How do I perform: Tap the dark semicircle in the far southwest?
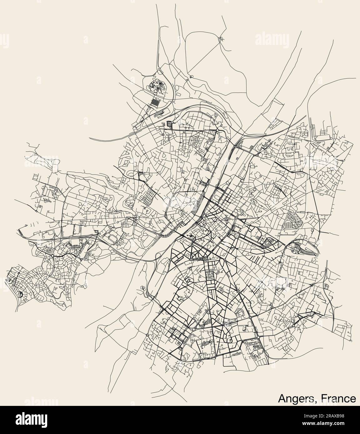(x=20, y=294)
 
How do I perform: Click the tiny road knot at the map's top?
(x=221, y=39)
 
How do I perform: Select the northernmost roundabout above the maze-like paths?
(x=159, y=69)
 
